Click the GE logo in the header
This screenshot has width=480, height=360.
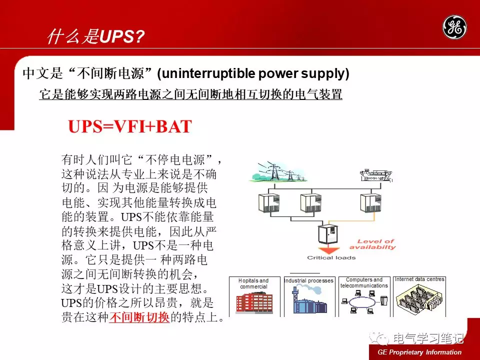454,27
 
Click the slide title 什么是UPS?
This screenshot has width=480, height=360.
95,36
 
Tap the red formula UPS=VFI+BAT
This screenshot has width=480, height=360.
130,126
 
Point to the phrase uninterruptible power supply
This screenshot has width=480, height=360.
253,73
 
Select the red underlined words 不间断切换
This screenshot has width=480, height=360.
139,317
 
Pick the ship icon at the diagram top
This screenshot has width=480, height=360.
376,175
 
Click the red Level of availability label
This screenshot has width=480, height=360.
373,244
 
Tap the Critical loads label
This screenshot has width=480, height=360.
331,258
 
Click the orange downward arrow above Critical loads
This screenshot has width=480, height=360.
329,250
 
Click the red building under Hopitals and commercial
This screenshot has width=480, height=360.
254,302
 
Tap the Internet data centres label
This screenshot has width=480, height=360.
419,279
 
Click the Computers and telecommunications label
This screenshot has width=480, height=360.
364,282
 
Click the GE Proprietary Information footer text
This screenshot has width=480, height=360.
419,352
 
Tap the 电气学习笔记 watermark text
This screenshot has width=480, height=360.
428,338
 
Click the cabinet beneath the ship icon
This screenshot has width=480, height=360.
370,203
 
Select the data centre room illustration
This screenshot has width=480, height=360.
419,299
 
